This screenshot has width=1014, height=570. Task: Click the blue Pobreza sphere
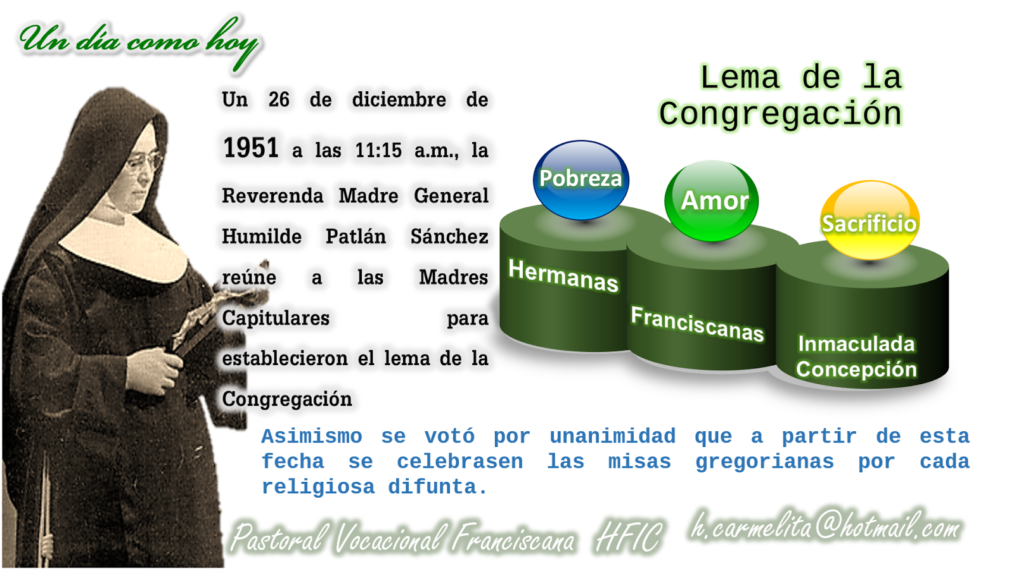[581, 180]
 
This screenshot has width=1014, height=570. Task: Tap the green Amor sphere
[712, 200]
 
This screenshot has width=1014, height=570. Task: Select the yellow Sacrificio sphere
[870, 221]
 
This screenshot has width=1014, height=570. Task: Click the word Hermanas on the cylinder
[563, 275]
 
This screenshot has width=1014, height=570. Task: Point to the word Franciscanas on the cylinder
[697, 323]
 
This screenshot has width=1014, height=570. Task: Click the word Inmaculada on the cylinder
[856, 344]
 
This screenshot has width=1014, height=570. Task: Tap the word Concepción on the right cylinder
[856, 369]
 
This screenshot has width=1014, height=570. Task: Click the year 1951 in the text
[251, 148]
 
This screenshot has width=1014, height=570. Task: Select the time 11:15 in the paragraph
[378, 150]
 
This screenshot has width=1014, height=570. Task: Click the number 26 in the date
[279, 100]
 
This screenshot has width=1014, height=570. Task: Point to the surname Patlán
[356, 236]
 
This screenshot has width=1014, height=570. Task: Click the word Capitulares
[276, 318]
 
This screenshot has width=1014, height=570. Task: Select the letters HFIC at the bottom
[628, 538]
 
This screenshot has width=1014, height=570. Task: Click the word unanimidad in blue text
[612, 436]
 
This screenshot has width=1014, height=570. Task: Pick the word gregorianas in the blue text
[764, 462]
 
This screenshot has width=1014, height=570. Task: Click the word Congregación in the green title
[780, 114]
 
